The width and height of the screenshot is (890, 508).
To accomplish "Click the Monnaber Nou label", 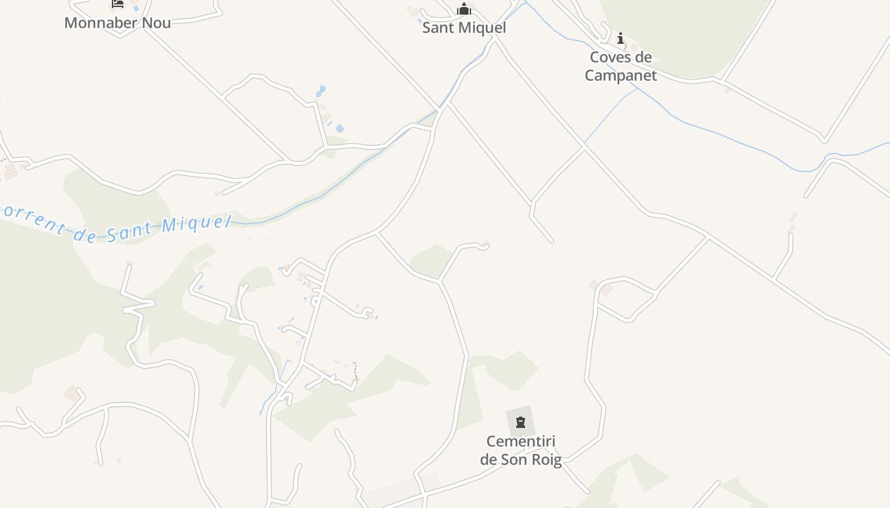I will [x=118, y=23].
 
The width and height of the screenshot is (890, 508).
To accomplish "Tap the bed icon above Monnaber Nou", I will [x=118, y=4].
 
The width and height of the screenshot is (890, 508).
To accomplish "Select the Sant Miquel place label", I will [x=464, y=28].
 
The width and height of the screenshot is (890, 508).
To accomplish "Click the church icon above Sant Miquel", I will [x=464, y=10].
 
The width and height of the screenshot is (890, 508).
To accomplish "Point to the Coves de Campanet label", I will [x=620, y=66].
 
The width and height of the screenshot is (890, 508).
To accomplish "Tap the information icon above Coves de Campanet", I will [x=620, y=39].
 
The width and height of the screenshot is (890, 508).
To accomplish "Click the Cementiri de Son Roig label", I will [x=521, y=450].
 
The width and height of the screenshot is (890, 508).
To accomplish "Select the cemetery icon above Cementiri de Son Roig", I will [x=521, y=422].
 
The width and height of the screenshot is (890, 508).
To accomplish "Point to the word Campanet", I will [x=620, y=75].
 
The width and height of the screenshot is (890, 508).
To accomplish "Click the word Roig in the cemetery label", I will [x=547, y=459].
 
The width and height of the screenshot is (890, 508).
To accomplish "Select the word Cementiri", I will [x=521, y=441].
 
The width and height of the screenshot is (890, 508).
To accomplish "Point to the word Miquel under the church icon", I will [x=484, y=28].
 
